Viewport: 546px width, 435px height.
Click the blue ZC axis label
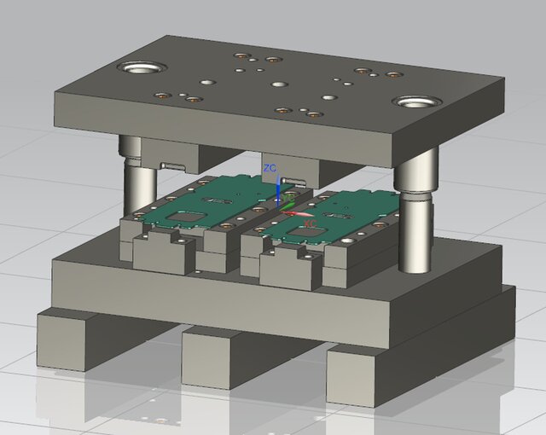270,168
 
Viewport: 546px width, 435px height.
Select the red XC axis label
310,223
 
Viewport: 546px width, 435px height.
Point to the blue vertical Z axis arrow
279,192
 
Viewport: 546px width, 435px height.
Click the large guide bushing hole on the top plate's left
142,67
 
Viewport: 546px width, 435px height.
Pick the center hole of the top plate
279,84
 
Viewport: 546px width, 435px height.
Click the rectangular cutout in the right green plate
305,233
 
